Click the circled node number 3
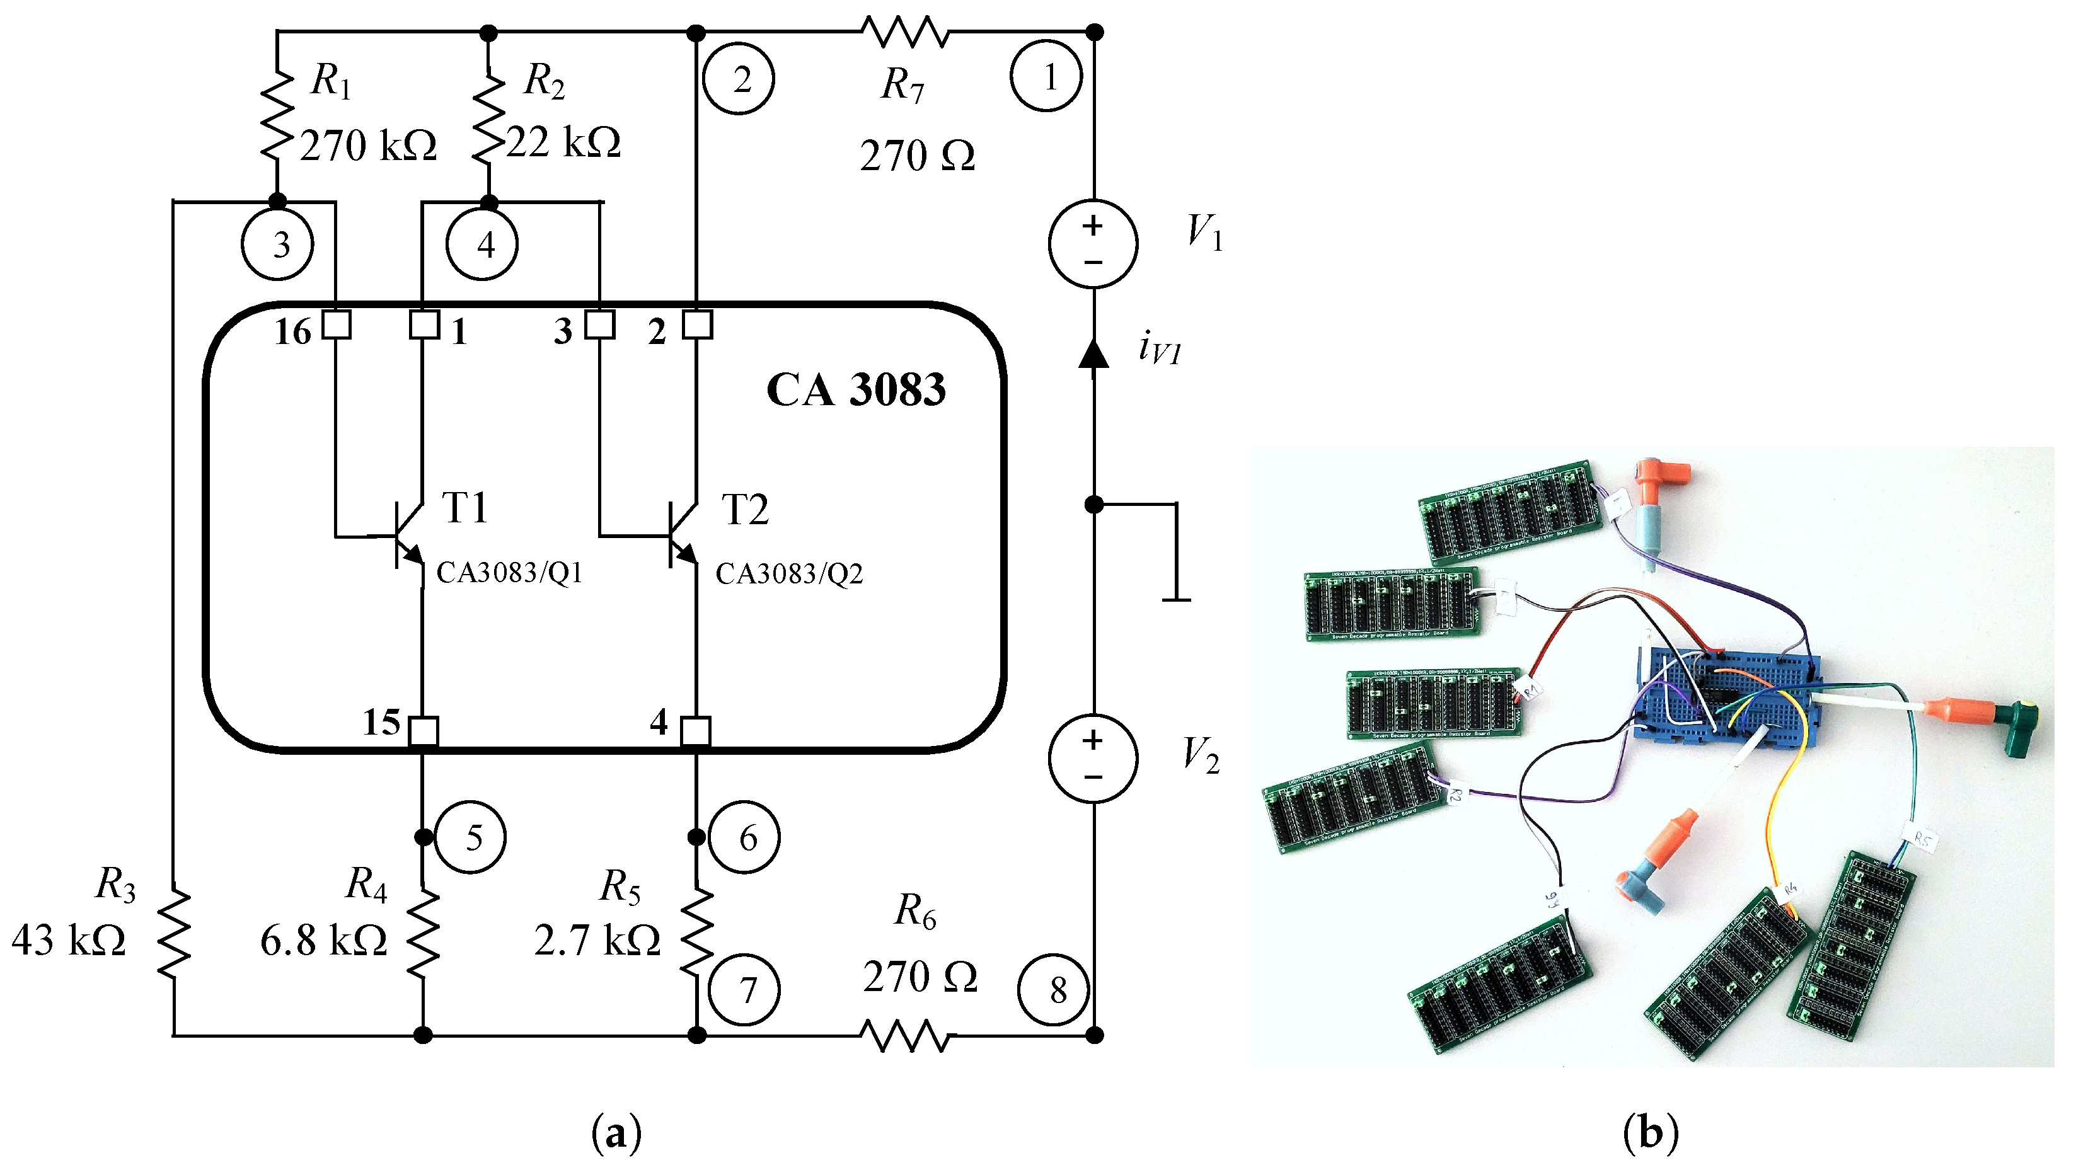tap(278, 244)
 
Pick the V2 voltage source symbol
tap(1093, 758)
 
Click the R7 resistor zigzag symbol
tap(905, 33)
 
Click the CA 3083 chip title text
tap(856, 390)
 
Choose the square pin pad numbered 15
tap(423, 731)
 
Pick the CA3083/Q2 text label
tap(789, 574)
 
